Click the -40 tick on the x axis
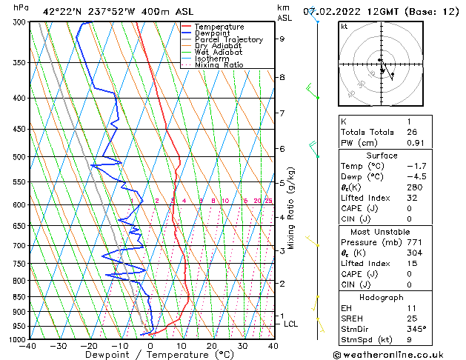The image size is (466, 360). tap(29, 345)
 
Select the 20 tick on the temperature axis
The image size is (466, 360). tap(212, 345)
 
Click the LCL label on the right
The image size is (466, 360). tap(291, 324)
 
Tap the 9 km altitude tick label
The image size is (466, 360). tap(282, 39)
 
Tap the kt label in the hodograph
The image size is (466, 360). tap(344, 26)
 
